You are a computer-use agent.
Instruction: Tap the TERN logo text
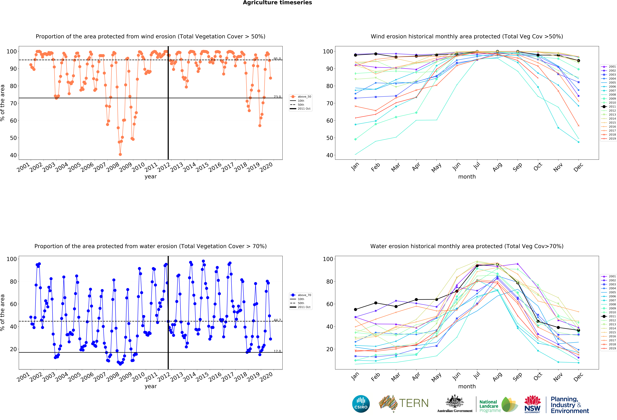[414, 403]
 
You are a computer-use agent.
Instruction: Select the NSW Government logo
[532, 404]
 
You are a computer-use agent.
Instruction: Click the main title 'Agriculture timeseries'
[277, 3]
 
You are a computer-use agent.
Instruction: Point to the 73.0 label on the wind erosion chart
[277, 97]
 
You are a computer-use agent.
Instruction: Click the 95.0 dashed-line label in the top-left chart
[277, 59]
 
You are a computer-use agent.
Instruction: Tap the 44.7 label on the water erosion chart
[277, 320]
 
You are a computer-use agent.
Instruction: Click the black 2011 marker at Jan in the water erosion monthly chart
[355, 309]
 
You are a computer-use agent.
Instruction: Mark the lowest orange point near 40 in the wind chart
[120, 154]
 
